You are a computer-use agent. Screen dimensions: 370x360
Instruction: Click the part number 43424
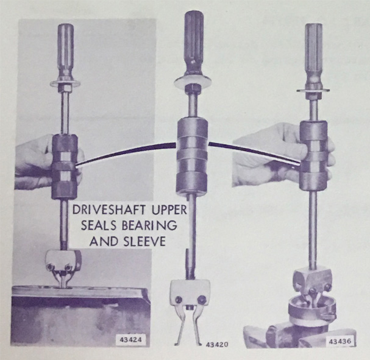coord(132,339)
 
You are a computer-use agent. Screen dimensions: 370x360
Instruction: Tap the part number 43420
coord(217,344)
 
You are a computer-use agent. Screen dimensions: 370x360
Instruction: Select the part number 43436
coord(341,341)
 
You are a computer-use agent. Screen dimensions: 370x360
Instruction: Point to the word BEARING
coord(149,225)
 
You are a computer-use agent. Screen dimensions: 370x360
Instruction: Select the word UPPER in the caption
coord(169,210)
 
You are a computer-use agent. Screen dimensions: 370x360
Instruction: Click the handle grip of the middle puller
coord(194,42)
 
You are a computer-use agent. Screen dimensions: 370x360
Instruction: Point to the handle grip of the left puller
coord(66,51)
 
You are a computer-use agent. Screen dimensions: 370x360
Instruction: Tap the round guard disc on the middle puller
coord(193,82)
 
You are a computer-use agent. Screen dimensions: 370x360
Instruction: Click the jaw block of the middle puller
coord(190,294)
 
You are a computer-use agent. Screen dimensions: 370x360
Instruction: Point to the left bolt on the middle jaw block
coord(179,300)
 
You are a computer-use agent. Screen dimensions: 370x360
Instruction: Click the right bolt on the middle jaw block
coord(202,300)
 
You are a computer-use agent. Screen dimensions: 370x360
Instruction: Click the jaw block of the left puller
coord(64,261)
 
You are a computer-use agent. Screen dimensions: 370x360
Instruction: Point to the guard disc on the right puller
coord(313,90)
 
